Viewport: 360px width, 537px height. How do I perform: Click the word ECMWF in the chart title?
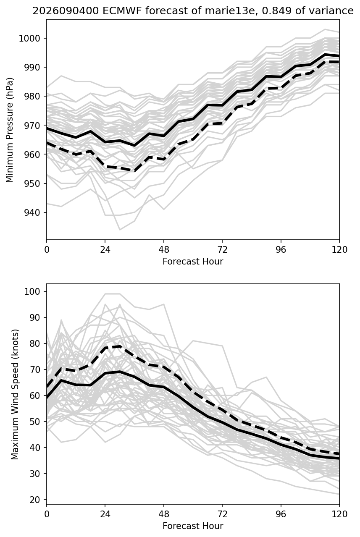pyautogui.click(x=122, y=11)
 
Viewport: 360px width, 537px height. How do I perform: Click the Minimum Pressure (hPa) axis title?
pyautogui.click(x=10, y=130)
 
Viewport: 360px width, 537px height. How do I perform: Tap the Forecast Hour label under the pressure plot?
pyautogui.click(x=193, y=261)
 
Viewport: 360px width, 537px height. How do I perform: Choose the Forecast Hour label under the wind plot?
pyautogui.click(x=193, y=526)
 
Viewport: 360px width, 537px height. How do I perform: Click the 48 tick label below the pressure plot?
pyautogui.click(x=163, y=250)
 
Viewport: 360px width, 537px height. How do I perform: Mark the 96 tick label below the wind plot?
pyautogui.click(x=281, y=514)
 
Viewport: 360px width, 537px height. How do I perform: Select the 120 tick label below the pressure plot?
pyautogui.click(x=339, y=250)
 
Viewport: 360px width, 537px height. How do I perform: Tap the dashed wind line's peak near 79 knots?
pyautogui.click(x=120, y=346)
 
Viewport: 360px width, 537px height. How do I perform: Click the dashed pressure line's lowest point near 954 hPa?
pyautogui.click(x=134, y=171)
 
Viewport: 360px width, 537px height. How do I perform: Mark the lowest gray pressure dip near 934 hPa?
pyautogui.click(x=120, y=230)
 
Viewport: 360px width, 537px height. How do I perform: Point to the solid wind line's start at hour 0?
pyautogui.click(x=47, y=398)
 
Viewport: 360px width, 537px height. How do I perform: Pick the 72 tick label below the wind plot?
pyautogui.click(x=222, y=514)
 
